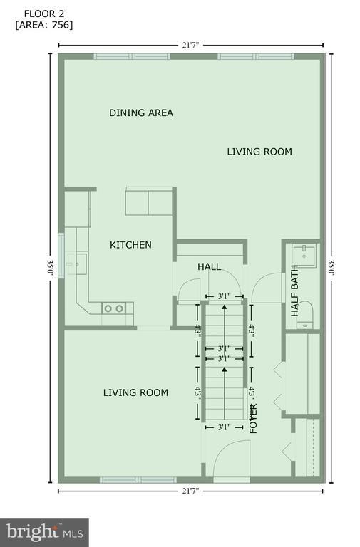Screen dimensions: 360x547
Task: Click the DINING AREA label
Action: [141, 113]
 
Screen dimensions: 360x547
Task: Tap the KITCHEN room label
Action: [130, 245]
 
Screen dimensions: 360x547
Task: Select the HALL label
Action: [209, 267]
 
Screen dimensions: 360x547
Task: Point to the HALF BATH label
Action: [294, 291]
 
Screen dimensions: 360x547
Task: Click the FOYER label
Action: [253, 419]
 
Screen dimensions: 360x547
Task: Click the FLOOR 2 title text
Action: [39, 14]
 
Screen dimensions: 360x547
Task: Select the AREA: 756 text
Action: [44, 25]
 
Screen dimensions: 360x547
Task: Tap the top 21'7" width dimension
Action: [190, 45]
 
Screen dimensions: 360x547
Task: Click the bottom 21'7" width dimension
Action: [190, 491]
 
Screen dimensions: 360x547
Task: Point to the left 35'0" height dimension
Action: [51, 268]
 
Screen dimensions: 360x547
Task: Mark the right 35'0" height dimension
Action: [331, 268]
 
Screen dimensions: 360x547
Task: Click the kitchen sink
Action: [77, 264]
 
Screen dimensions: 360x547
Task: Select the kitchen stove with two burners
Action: [114, 308]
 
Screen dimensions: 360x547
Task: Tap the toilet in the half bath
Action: [305, 314]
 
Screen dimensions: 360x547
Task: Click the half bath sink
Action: [304, 256]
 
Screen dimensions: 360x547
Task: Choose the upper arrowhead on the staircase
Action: [224, 307]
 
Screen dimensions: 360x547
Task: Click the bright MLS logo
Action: [44, 532]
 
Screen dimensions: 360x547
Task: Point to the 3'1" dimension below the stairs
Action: [225, 427]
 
